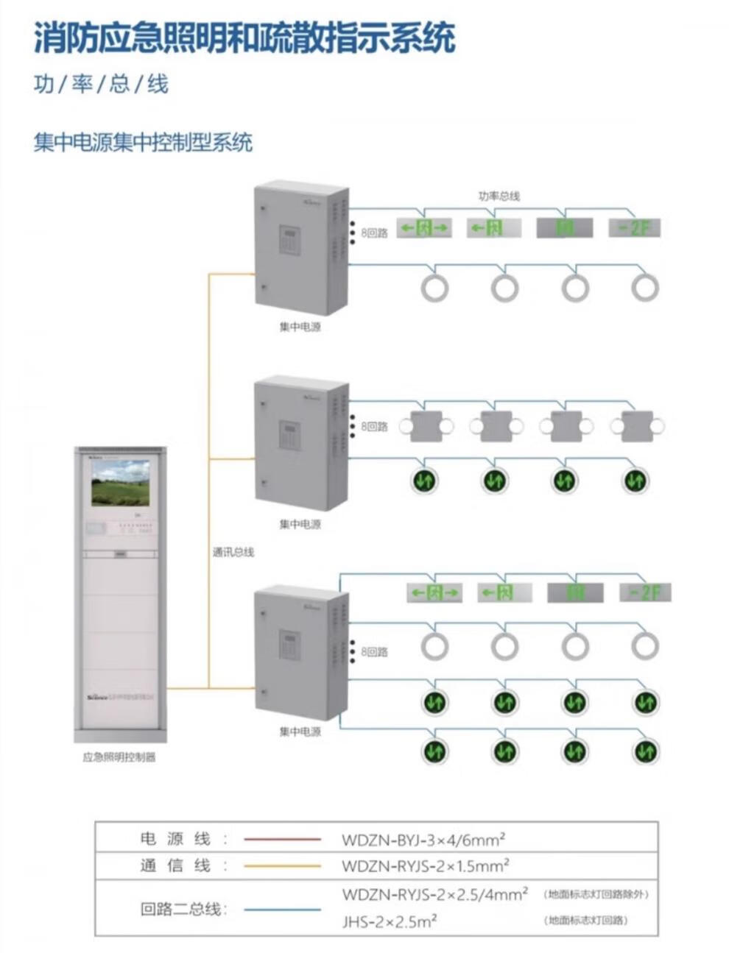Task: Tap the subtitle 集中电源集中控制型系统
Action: pyautogui.click(x=143, y=142)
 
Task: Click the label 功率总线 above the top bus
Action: pyautogui.click(x=499, y=196)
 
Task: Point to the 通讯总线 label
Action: pyautogui.click(x=233, y=552)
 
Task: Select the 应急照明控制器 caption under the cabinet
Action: pyautogui.click(x=119, y=757)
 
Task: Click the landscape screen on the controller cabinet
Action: pyautogui.click(x=120, y=483)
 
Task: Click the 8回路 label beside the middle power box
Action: pyautogui.click(x=373, y=427)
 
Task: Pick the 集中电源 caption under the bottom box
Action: pyautogui.click(x=300, y=732)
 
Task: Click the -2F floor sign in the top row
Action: pyautogui.click(x=634, y=228)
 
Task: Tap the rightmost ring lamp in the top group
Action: pyautogui.click(x=645, y=288)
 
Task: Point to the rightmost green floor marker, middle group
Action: pyautogui.click(x=635, y=481)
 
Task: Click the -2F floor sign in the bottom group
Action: pyautogui.click(x=644, y=592)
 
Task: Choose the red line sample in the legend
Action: pyautogui.click(x=282, y=839)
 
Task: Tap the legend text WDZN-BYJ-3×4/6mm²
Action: pyautogui.click(x=423, y=839)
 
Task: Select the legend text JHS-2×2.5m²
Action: pyautogui.click(x=390, y=921)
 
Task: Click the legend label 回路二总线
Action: pyautogui.click(x=180, y=909)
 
